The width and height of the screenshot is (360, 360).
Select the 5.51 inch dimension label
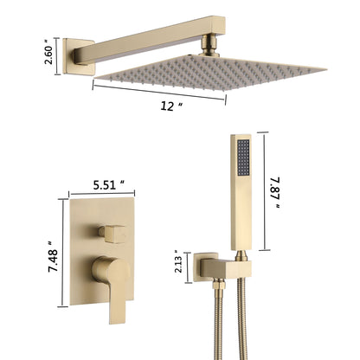114,183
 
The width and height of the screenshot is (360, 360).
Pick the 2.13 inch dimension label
178,261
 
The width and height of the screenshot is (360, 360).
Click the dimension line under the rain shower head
160,93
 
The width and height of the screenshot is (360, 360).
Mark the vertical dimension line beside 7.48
62,252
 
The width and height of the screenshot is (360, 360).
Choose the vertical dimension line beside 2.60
59,54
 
